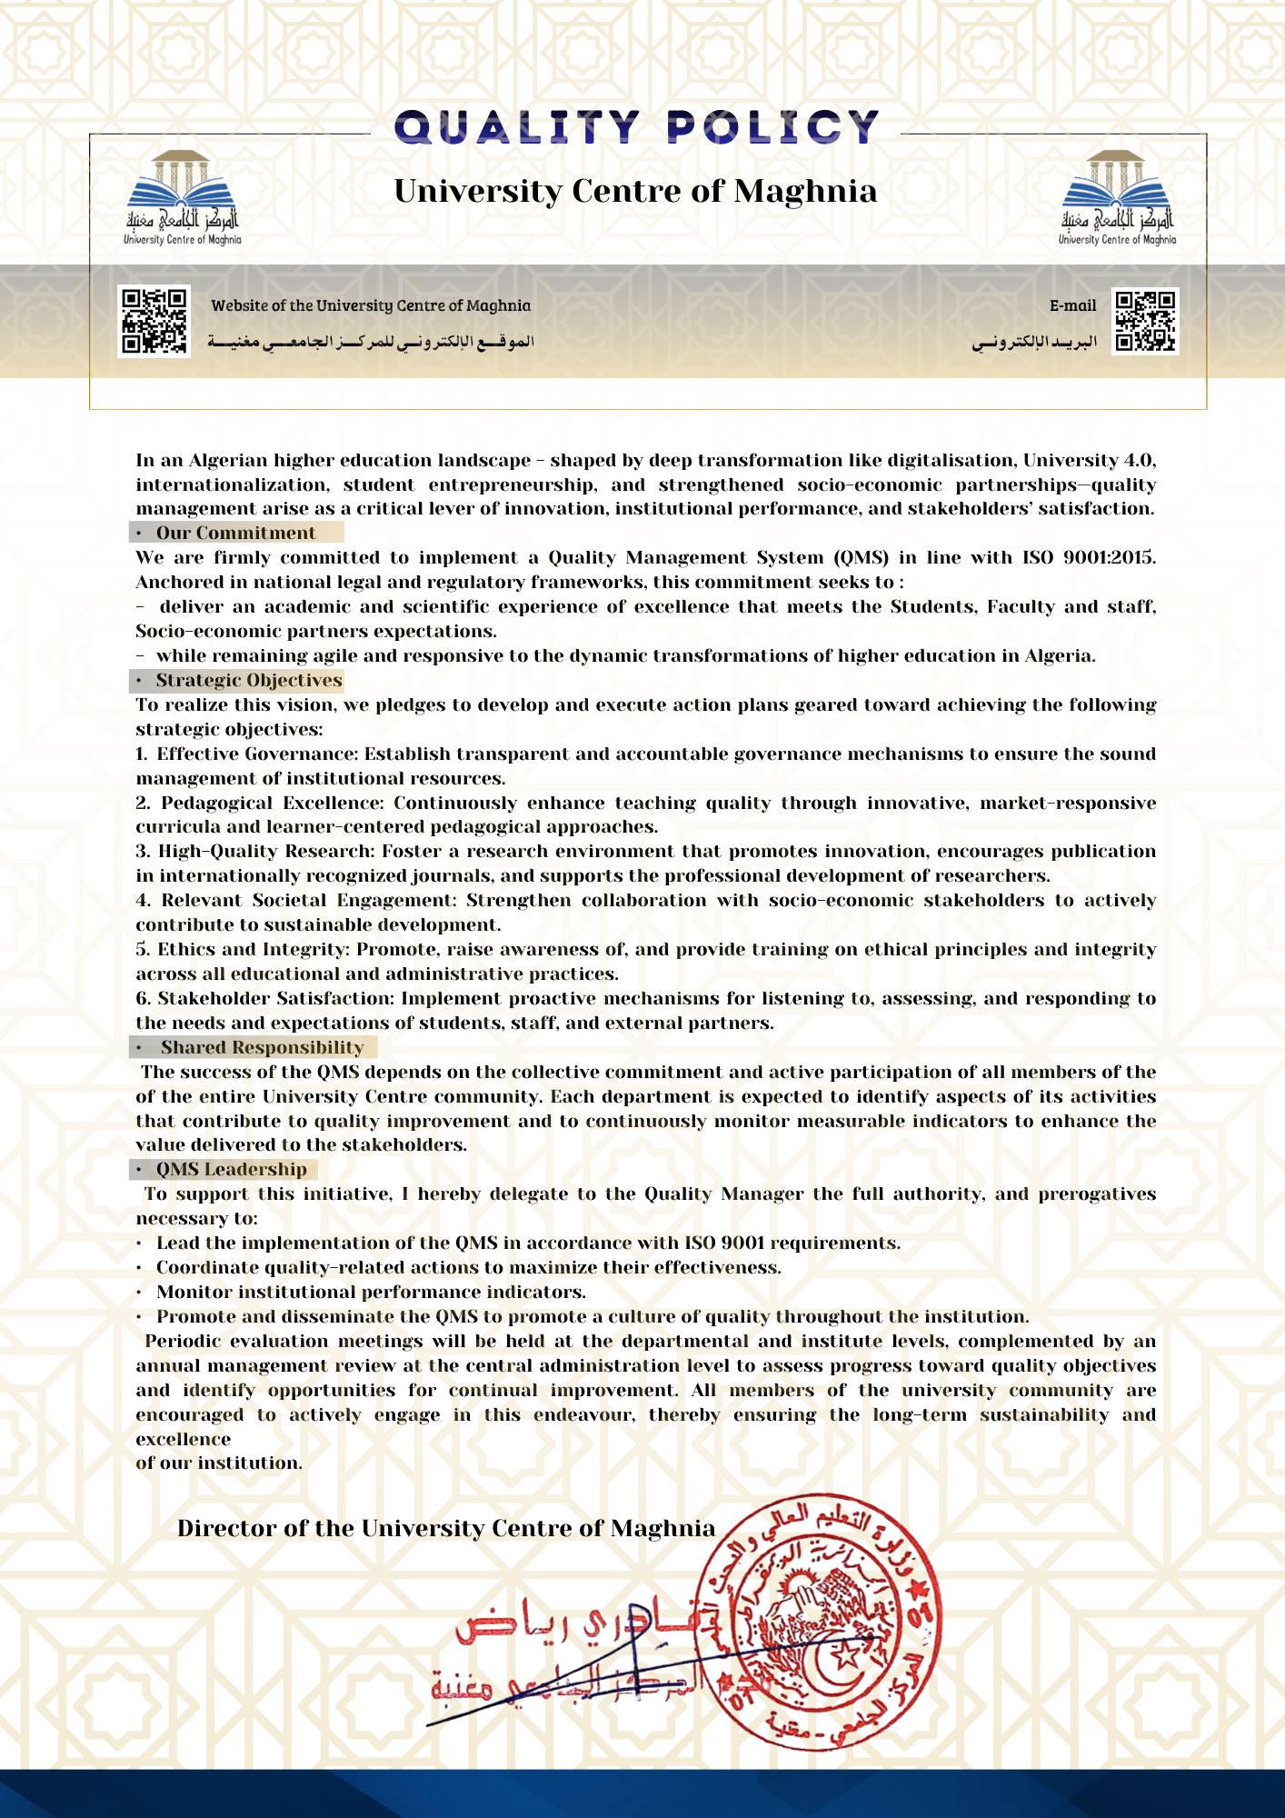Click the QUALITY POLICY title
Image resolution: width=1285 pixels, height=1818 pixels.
636,127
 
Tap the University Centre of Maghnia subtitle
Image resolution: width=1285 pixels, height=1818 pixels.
635,191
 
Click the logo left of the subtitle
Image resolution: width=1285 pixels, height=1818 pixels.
183,199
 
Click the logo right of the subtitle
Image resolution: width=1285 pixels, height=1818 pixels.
1117,199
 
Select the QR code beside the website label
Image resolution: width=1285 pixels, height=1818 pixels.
154,322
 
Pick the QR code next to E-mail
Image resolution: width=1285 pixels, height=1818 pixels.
1145,322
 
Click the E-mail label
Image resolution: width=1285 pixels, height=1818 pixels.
1072,306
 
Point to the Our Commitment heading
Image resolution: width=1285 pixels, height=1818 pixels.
235,534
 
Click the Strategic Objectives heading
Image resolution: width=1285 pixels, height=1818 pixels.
248,681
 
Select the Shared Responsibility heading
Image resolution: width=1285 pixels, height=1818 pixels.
262,1048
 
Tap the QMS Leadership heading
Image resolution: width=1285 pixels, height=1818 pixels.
231,1170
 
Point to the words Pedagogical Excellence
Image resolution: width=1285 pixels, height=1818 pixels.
272,804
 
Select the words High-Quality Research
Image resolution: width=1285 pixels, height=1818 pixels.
264,852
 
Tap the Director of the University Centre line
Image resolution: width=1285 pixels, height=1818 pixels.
446,1528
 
